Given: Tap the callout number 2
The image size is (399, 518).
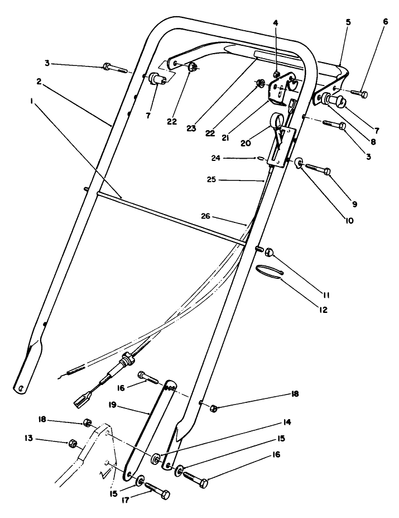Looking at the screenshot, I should (x=40, y=81).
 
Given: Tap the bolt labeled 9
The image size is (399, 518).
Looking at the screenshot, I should (x=318, y=166).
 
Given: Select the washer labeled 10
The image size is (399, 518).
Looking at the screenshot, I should (x=300, y=164).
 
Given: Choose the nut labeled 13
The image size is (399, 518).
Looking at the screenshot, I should (x=73, y=444).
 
